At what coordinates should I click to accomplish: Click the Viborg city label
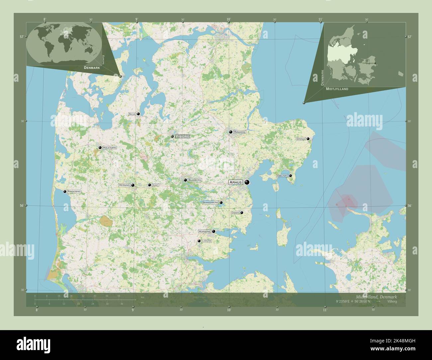(x=182, y=136)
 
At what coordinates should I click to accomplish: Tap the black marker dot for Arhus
(x=247, y=182)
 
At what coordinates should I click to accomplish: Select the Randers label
(x=240, y=132)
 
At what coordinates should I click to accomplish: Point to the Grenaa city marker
(x=308, y=139)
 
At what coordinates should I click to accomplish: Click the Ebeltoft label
(x=282, y=176)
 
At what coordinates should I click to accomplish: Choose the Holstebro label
(x=110, y=147)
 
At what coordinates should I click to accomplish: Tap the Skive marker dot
(x=138, y=114)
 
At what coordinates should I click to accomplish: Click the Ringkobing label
(x=74, y=192)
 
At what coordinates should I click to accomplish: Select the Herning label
(x=124, y=185)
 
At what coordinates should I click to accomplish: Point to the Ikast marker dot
(x=150, y=185)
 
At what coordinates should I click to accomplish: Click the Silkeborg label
(x=195, y=180)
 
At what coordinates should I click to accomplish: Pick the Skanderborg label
(x=210, y=202)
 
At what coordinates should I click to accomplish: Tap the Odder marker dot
(x=242, y=213)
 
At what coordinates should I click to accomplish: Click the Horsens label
(x=204, y=231)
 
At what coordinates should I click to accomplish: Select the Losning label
(x=207, y=241)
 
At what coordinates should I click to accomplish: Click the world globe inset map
(x=64, y=43)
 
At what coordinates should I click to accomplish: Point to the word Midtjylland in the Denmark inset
(x=337, y=89)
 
